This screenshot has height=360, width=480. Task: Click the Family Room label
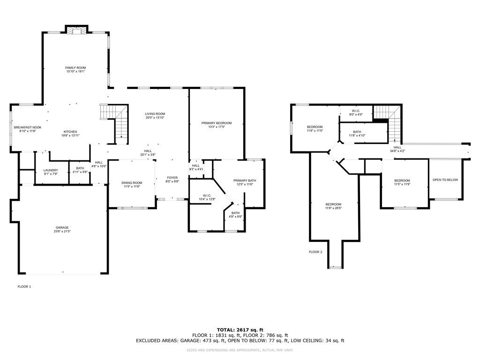point(75,68)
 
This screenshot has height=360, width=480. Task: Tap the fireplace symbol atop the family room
point(75,30)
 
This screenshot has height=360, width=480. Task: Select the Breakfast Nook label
point(28,127)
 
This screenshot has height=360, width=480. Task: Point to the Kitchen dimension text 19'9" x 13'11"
point(70,135)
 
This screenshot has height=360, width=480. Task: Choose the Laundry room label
point(51,170)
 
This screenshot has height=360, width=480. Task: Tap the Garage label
point(62,227)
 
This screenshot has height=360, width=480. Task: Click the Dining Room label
point(132,183)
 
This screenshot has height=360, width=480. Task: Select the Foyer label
point(172,178)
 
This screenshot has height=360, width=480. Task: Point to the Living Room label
point(155,114)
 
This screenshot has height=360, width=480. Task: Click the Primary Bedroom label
point(217,123)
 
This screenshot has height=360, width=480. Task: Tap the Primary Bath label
point(245,180)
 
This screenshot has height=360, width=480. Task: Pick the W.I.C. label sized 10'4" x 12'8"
point(207,195)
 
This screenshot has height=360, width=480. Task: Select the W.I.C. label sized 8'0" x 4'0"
point(355,111)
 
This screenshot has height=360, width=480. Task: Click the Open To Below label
point(445,180)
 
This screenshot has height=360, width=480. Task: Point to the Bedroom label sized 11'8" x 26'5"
point(333,204)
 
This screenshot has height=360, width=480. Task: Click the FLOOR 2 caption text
point(315,252)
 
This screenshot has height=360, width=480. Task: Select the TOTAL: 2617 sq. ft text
point(240,330)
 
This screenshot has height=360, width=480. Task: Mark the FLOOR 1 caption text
point(24,286)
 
